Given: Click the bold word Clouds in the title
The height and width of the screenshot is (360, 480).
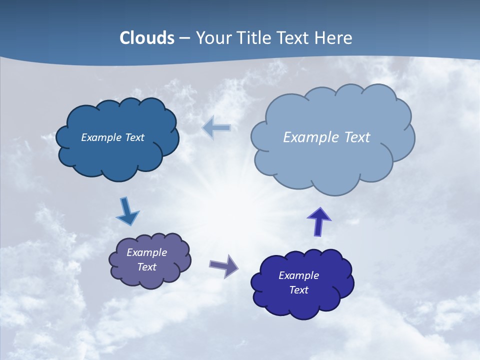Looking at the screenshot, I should [x=147, y=38].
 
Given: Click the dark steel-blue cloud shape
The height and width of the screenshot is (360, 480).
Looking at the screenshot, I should [x=117, y=155].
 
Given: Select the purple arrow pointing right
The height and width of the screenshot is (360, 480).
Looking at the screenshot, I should [x=223, y=266].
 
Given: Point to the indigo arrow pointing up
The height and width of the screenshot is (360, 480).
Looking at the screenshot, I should [x=318, y=222].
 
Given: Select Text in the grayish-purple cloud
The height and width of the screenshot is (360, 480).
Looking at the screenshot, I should [x=147, y=267].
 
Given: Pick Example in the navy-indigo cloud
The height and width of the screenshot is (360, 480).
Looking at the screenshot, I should [x=298, y=275].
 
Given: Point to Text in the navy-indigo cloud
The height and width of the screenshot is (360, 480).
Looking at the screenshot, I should [x=298, y=290].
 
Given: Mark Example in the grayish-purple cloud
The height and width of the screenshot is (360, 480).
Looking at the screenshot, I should [x=146, y=252].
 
